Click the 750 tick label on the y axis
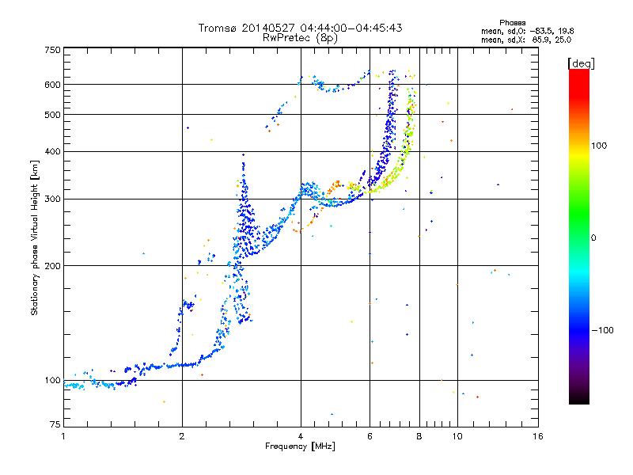point(53,50)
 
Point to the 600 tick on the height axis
point(53,85)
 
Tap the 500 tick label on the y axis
point(53,115)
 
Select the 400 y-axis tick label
point(53,151)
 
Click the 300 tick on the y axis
point(53,199)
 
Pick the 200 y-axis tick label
point(53,265)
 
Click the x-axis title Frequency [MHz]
point(300,446)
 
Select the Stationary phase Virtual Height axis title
point(35,237)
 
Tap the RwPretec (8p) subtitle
point(300,37)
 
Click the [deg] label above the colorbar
point(581,63)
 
